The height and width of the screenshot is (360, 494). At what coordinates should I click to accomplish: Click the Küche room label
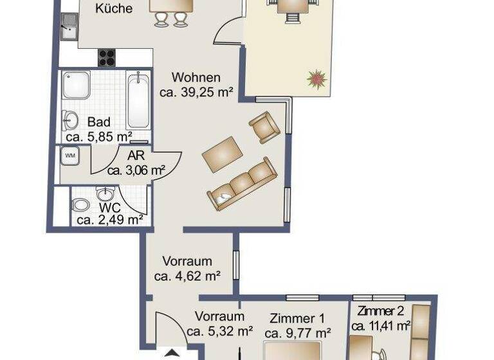click(x=114, y=9)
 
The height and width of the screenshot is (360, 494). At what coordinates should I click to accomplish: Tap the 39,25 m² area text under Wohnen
click(x=196, y=92)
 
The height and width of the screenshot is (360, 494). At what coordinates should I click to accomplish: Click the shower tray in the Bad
click(x=77, y=85)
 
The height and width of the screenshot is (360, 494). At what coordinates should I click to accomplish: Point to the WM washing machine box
click(x=68, y=156)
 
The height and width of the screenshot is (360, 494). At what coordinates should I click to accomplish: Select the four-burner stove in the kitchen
click(x=107, y=57)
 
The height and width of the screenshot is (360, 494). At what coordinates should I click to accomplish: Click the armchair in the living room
click(x=264, y=127)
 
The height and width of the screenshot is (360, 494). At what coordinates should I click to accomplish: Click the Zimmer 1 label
click(x=297, y=318)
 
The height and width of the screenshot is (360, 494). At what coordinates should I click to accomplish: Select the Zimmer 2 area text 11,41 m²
click(x=381, y=326)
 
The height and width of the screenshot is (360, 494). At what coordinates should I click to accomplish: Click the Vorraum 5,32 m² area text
click(x=219, y=332)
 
